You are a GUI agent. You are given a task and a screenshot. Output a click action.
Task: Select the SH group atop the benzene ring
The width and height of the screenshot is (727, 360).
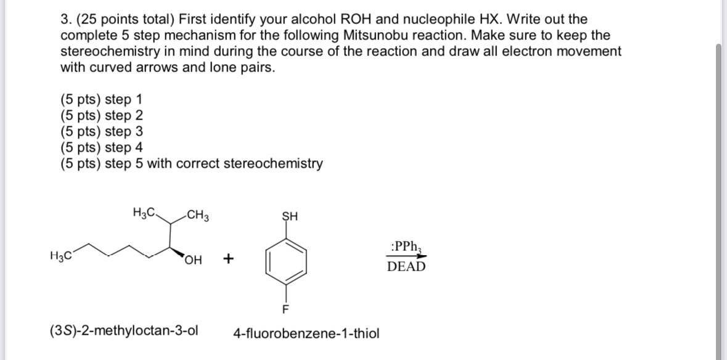pos(289,216)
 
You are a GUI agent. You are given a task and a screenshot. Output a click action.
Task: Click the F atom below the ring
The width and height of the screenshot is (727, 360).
pos(285,308)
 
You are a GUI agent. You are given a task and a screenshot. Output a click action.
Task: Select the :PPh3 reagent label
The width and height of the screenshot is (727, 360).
pos(406,247)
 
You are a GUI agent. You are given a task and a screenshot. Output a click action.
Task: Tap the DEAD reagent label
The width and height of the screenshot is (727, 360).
pos(406,267)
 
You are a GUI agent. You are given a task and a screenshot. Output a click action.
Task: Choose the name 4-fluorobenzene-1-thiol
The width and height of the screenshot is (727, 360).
pos(306,334)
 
